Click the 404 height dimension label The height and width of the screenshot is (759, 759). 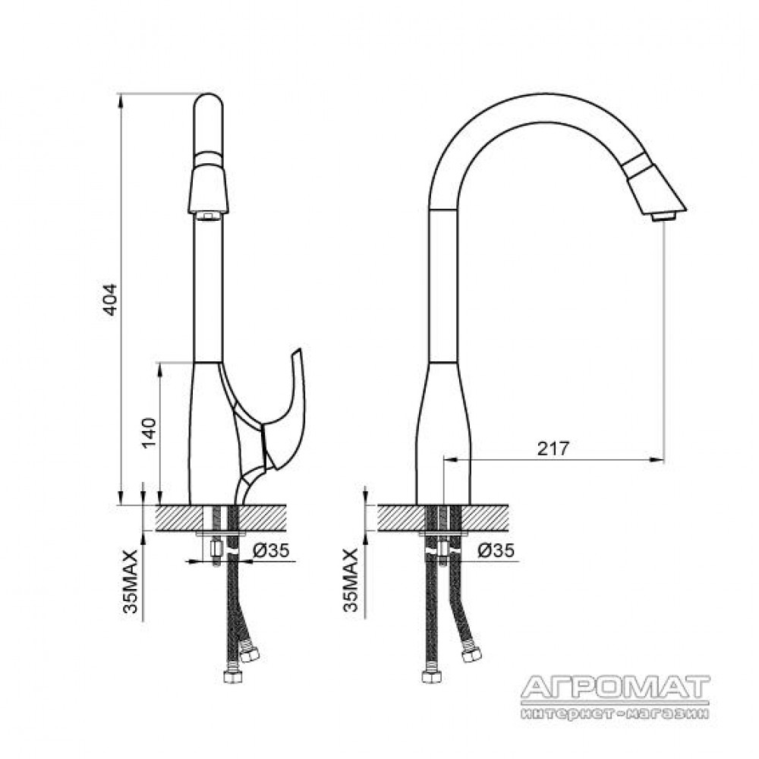click(x=111, y=300)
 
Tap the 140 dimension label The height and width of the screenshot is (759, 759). click(x=150, y=433)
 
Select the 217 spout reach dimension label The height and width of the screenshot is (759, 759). click(x=553, y=449)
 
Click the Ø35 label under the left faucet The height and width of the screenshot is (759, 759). click(x=271, y=550)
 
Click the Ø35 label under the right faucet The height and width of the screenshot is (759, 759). click(x=496, y=550)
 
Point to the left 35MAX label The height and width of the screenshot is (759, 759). click(x=131, y=581)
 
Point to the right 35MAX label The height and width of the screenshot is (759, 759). click(x=351, y=580)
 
